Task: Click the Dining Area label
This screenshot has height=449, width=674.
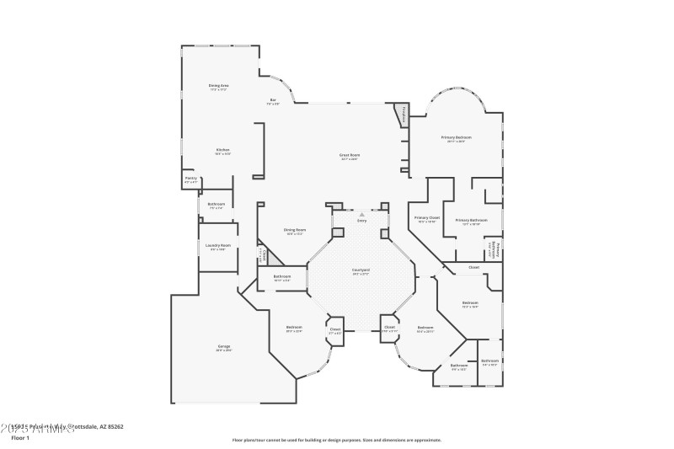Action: pos(219,86)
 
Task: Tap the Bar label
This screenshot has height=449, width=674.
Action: pos(273,101)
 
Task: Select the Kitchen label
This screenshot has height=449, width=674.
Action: pos(222,151)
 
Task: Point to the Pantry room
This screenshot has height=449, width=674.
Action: pos(190,179)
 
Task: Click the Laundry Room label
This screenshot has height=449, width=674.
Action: pos(217,247)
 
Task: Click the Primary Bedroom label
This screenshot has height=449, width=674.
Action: pos(456,138)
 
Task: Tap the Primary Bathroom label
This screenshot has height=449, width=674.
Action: pos(468,221)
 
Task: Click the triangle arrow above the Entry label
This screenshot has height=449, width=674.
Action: pos(362,215)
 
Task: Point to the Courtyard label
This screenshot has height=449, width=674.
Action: pos(361,271)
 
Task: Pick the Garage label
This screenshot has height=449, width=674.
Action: pos(223,347)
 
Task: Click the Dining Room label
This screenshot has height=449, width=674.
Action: pos(295,231)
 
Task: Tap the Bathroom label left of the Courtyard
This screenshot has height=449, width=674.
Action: pos(282,277)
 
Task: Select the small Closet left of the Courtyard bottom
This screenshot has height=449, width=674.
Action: pos(335,330)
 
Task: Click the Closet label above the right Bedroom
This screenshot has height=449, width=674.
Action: pos(473,268)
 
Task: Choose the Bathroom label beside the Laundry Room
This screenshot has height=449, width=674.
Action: pos(216,205)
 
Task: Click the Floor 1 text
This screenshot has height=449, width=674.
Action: pos(20,438)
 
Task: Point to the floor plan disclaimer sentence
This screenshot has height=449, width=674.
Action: pos(336,440)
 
